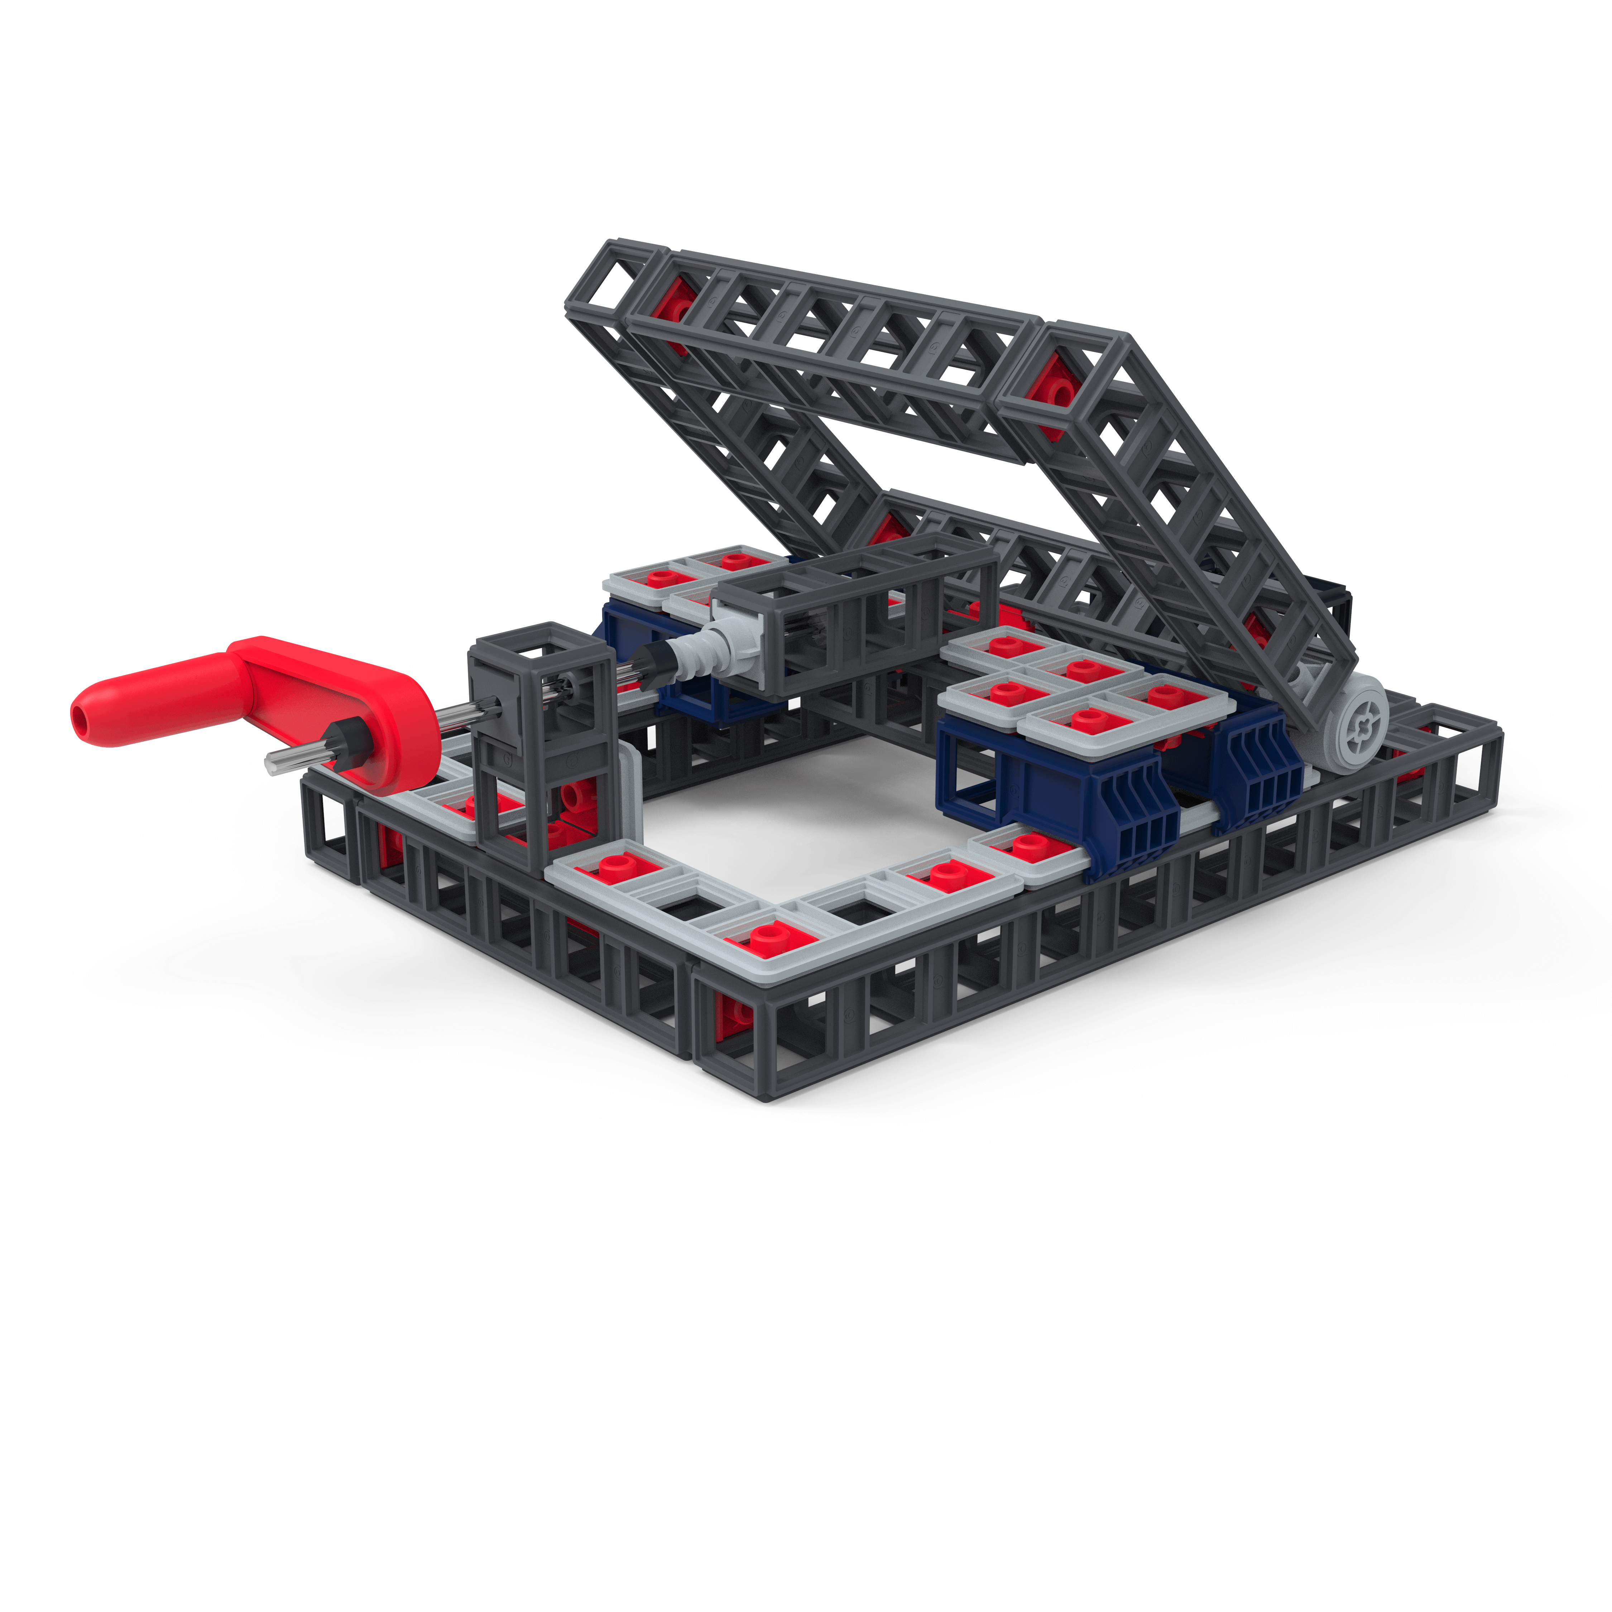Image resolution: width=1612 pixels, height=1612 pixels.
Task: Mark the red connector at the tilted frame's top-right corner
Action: coord(1053,392)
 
